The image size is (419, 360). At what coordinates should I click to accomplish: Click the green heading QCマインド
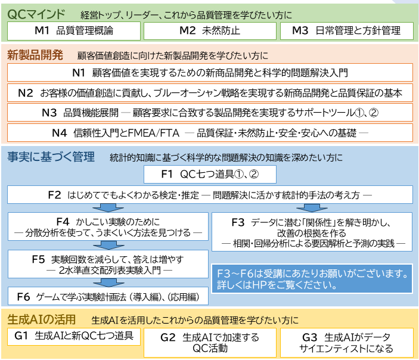point(38,13)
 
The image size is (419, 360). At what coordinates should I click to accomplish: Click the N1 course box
point(209,73)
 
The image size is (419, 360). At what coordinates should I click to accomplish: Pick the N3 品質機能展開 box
point(209,112)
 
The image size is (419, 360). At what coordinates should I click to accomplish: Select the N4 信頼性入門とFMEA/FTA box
point(209,132)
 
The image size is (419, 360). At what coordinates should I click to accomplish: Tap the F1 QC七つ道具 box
point(210,175)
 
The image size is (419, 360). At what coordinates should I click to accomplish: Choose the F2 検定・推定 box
point(209,194)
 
